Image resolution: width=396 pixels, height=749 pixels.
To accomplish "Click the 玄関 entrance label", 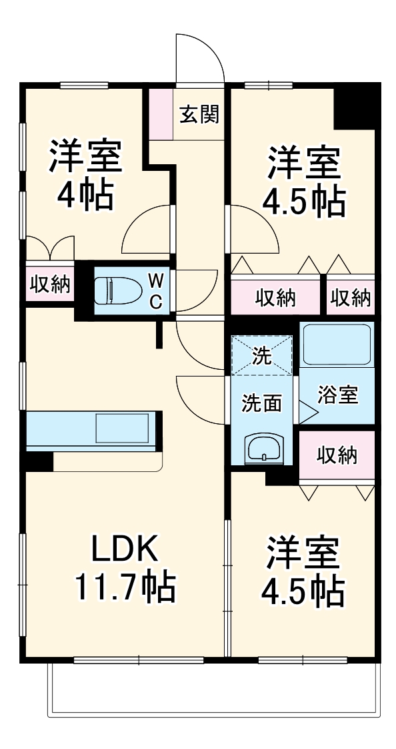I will [x=199, y=115].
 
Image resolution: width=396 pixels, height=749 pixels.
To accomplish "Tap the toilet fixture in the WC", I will [x=116, y=291].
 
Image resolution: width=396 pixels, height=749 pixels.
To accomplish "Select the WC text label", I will [x=155, y=291].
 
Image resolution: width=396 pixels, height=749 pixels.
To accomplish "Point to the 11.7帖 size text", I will [x=124, y=587].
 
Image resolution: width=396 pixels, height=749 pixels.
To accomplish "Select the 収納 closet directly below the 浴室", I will [x=336, y=457].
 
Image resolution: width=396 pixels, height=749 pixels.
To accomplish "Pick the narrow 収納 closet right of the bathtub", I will [x=351, y=298].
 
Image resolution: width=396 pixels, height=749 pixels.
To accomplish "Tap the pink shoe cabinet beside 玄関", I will [x=160, y=113].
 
